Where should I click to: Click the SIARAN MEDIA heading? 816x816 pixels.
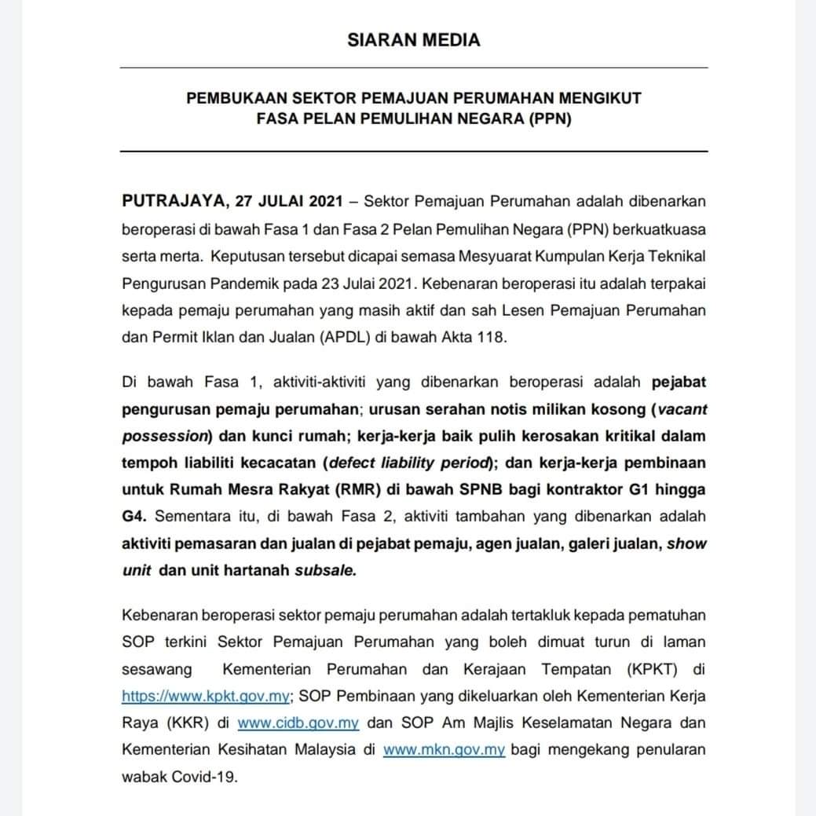click(413, 39)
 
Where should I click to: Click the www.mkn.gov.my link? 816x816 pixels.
click(444, 749)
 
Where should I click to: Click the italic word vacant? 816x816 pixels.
click(682, 408)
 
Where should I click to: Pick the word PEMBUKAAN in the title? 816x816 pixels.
click(230, 99)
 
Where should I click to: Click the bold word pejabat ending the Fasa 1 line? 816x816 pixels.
click(679, 382)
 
